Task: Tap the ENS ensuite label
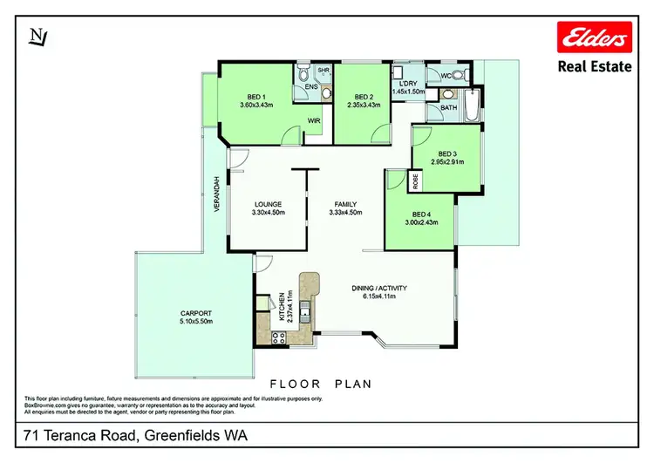coord(310,87)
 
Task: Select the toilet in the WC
coord(460,76)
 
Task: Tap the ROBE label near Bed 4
coord(415,181)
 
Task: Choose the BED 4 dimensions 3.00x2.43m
coord(420,223)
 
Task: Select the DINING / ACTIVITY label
coord(379,288)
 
